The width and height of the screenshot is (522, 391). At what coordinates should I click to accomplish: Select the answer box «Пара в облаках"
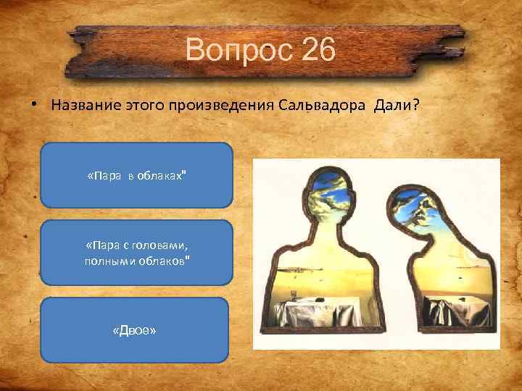(136, 175)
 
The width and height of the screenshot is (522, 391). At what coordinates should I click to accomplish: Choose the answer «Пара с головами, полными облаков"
(136, 253)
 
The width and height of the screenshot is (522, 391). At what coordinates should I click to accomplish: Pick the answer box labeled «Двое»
(135, 329)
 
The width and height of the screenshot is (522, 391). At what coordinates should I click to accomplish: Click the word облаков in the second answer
(167, 260)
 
